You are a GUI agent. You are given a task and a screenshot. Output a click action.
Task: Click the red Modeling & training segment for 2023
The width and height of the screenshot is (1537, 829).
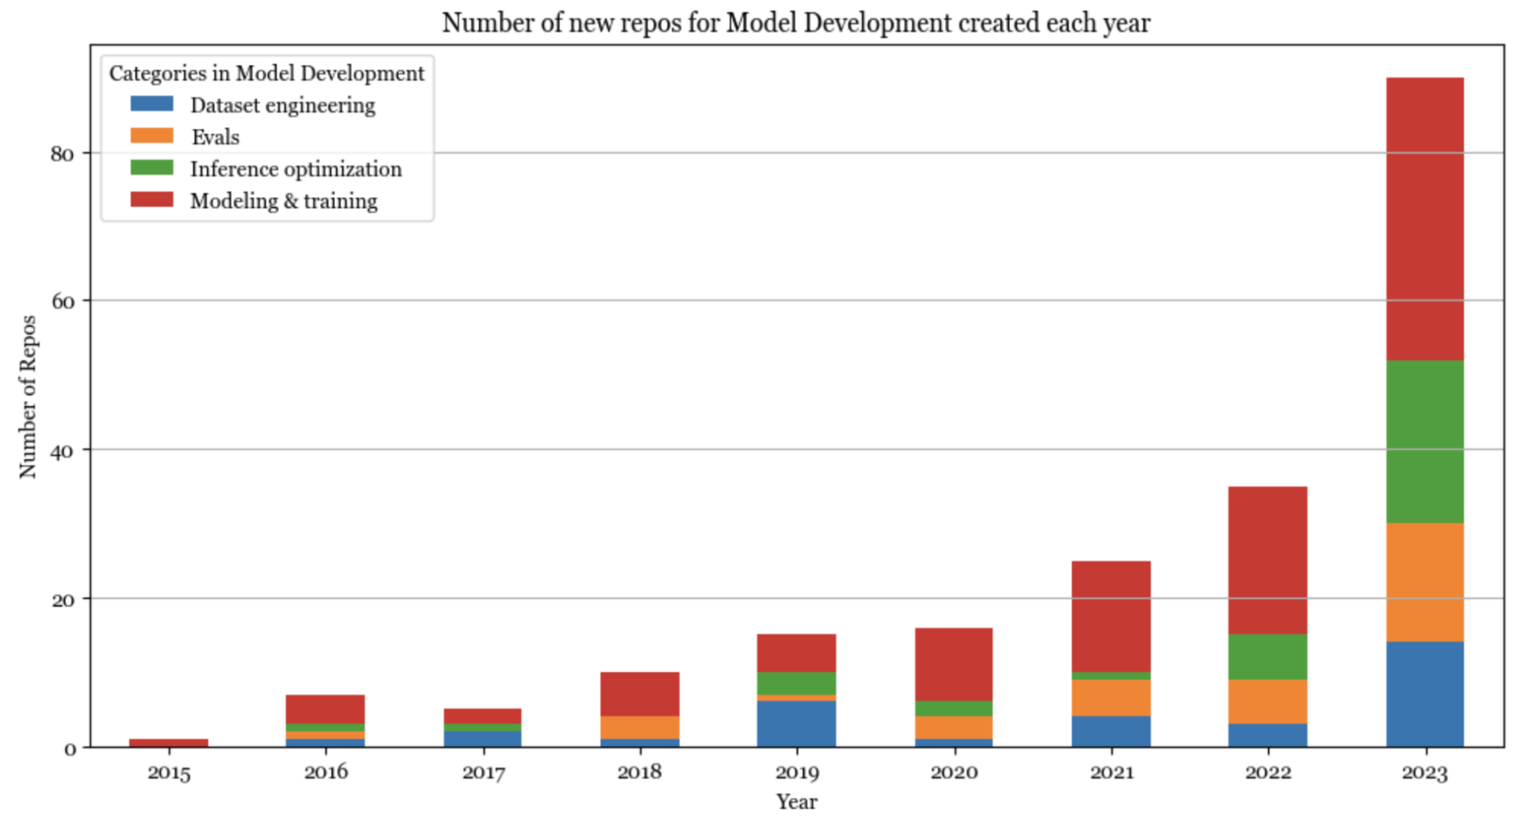pyautogui.click(x=1425, y=219)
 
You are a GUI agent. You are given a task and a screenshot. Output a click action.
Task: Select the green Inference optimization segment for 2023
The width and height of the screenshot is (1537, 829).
pyautogui.click(x=1425, y=441)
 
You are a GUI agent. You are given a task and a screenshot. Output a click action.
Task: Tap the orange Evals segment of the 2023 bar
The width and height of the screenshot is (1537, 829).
pyautogui.click(x=1425, y=582)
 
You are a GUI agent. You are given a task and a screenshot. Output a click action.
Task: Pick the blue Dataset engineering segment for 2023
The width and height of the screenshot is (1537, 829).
pyautogui.click(x=1425, y=694)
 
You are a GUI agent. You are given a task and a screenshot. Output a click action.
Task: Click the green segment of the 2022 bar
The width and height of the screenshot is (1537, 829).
pyautogui.click(x=1267, y=657)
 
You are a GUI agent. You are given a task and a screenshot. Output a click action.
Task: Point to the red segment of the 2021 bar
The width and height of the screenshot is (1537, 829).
pyautogui.click(x=1110, y=616)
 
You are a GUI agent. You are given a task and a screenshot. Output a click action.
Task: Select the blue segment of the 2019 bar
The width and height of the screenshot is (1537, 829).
pyautogui.click(x=796, y=724)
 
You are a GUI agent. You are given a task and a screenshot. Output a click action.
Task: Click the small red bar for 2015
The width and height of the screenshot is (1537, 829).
pyautogui.click(x=168, y=743)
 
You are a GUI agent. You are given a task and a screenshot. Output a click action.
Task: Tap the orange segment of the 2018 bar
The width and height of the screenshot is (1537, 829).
pyautogui.click(x=639, y=727)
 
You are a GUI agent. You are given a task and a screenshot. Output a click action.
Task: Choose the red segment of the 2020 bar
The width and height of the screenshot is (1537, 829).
pyautogui.click(x=953, y=664)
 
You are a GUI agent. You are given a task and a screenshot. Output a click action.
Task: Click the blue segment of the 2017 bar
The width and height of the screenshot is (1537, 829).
pyautogui.click(x=482, y=738)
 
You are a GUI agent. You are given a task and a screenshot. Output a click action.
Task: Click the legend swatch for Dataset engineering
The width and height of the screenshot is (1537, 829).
pyautogui.click(x=152, y=104)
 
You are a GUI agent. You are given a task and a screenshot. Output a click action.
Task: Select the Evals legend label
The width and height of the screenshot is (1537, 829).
pyautogui.click(x=215, y=137)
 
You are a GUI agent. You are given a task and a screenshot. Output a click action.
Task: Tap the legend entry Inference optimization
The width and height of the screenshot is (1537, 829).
pyautogui.click(x=296, y=169)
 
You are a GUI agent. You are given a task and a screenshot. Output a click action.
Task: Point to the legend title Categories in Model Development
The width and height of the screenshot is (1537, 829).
pyautogui.click(x=267, y=73)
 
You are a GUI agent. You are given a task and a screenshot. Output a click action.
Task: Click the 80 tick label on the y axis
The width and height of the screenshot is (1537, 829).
pyautogui.click(x=62, y=154)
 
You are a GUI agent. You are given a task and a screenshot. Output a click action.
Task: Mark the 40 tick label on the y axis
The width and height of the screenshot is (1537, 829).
pyautogui.click(x=62, y=451)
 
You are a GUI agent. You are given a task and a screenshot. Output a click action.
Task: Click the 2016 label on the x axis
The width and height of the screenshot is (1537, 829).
pyautogui.click(x=325, y=772)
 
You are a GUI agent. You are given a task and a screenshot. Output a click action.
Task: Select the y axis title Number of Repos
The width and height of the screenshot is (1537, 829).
pyautogui.click(x=28, y=396)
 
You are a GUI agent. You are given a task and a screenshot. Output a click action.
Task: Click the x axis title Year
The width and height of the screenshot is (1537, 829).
pyautogui.click(x=796, y=802)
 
